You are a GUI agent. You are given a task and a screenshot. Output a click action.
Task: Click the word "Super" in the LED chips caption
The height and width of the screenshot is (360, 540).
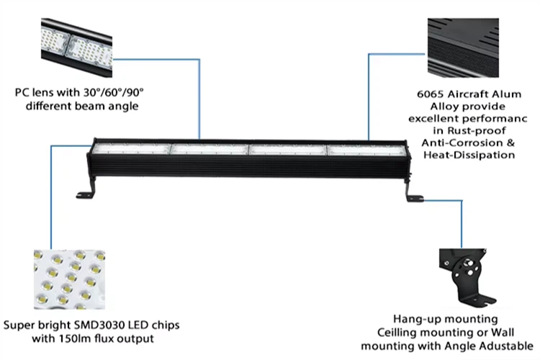[19, 325]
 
